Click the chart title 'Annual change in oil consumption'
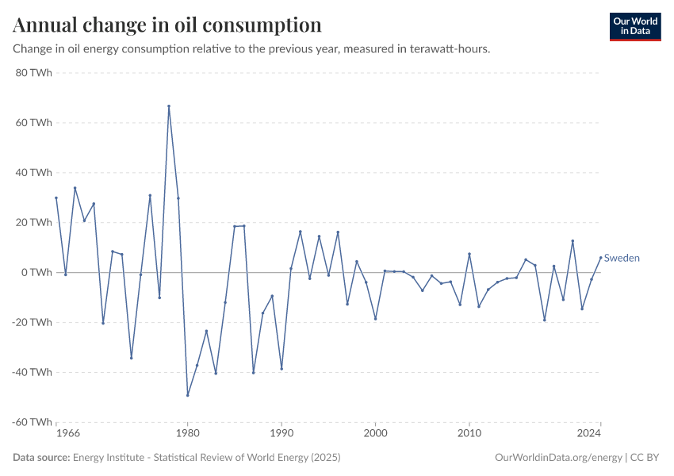click(167, 25)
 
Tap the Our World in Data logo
click(634, 26)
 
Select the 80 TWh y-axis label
click(35, 73)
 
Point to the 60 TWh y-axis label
click(35, 123)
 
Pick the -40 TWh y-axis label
click(33, 372)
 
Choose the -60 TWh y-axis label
click(33, 422)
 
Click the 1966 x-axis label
click(68, 434)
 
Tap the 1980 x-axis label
click(187, 434)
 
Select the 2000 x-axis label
click(375, 434)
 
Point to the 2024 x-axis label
click(589, 434)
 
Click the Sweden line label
click(622, 258)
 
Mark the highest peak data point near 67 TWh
click(169, 106)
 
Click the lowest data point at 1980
click(188, 395)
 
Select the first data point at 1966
click(56, 198)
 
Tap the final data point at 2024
click(600, 257)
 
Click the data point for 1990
click(281, 368)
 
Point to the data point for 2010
click(469, 254)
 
